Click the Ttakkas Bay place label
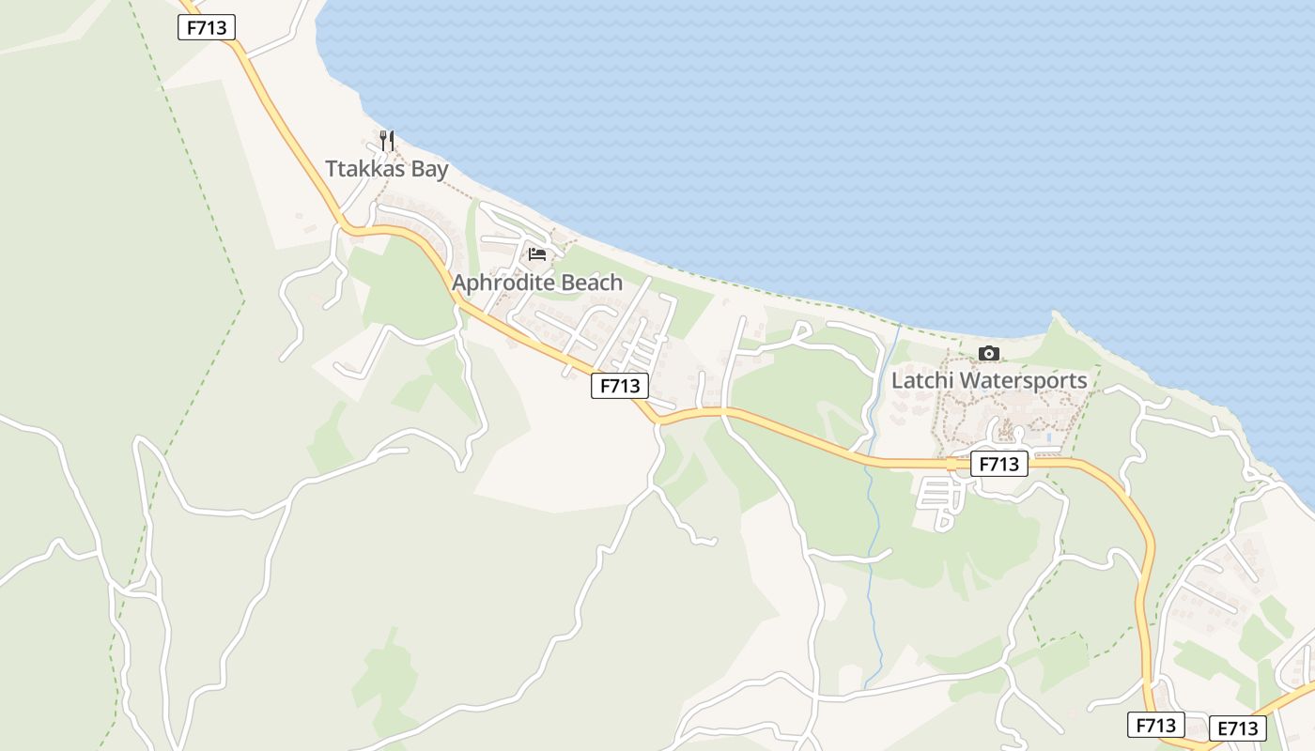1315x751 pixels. [386, 170]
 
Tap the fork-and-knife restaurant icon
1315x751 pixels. [387, 141]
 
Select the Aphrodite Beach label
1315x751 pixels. [537, 283]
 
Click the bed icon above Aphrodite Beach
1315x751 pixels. [537, 253]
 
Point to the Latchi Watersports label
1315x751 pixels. [989, 381]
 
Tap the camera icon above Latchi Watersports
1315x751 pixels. [989, 353]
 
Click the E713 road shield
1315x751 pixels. [1237, 728]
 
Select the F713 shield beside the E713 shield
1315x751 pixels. [1156, 725]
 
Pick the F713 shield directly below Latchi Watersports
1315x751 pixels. [998, 464]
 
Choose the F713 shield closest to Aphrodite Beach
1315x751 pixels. [620, 385]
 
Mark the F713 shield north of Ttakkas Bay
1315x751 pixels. [207, 27]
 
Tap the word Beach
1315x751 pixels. [592, 283]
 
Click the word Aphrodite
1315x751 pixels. [503, 283]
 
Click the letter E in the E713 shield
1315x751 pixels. [1223, 728]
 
